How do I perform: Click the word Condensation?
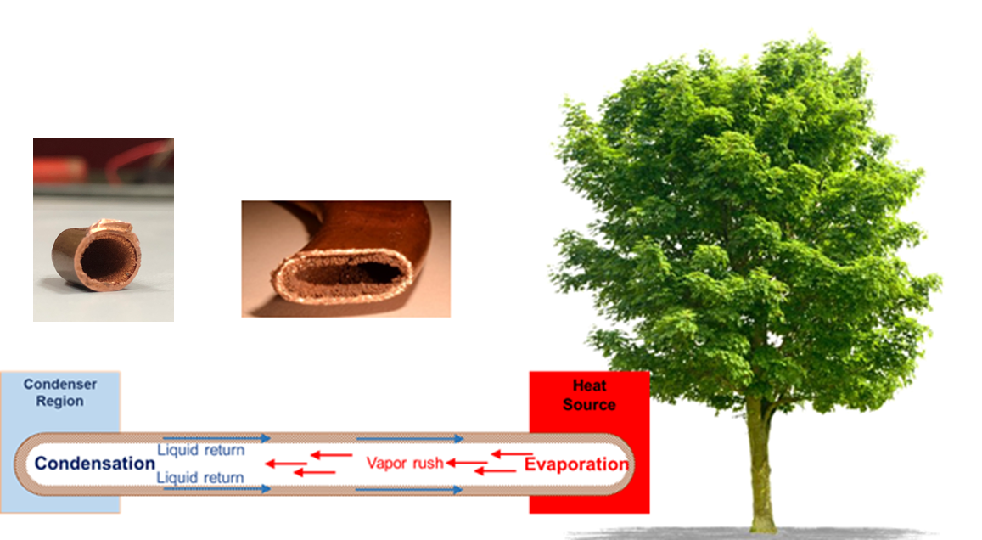pyautogui.click(x=94, y=463)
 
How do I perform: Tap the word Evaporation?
pyautogui.click(x=576, y=464)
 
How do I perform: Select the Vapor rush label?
pyautogui.click(x=405, y=463)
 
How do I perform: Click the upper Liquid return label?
pyautogui.click(x=200, y=450)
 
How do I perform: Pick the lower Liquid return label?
pyautogui.click(x=199, y=477)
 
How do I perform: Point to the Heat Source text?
pyautogui.click(x=589, y=396)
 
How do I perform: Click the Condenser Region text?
pyautogui.click(x=60, y=392)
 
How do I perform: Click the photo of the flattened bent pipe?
pyautogui.click(x=345, y=259)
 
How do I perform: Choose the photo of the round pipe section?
pyautogui.click(x=104, y=229)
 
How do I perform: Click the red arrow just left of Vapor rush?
pyautogui.click(x=331, y=455)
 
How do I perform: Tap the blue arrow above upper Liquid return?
pyautogui.click(x=216, y=438)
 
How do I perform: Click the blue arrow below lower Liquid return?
pyautogui.click(x=216, y=488)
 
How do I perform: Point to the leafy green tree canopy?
pyautogui.click(x=745, y=219)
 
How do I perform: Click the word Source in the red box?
pyautogui.click(x=589, y=405)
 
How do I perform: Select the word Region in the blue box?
pyautogui.click(x=59, y=401)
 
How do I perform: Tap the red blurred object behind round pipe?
pyautogui.click(x=59, y=169)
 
